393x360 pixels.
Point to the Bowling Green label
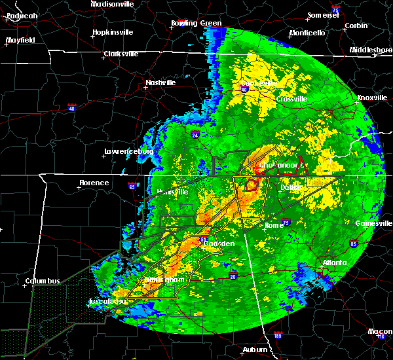pos(196,23)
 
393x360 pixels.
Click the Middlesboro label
pos(370,50)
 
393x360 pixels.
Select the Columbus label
pos(43,281)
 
